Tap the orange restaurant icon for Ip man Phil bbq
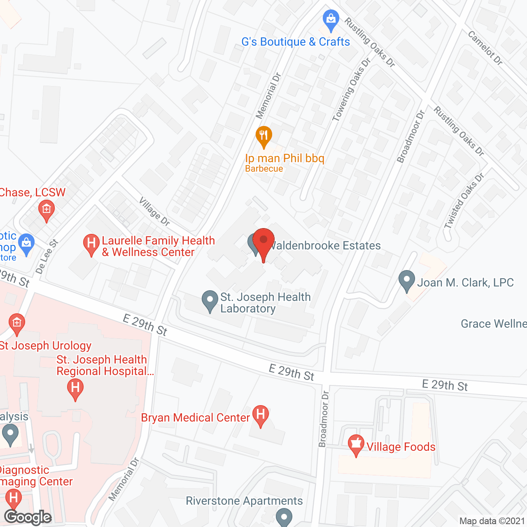(x=263, y=136)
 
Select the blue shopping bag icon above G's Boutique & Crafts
(x=331, y=19)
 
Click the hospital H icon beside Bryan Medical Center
(x=261, y=415)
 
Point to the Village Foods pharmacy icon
(x=356, y=444)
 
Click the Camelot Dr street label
(x=485, y=48)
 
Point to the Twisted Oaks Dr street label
(x=464, y=201)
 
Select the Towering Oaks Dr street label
(x=352, y=90)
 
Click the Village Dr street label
(x=154, y=211)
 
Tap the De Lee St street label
(x=47, y=257)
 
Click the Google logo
(x=28, y=517)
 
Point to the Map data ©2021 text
(x=492, y=521)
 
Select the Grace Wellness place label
(x=493, y=324)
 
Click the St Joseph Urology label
(x=46, y=345)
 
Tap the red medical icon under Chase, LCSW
(x=47, y=210)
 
